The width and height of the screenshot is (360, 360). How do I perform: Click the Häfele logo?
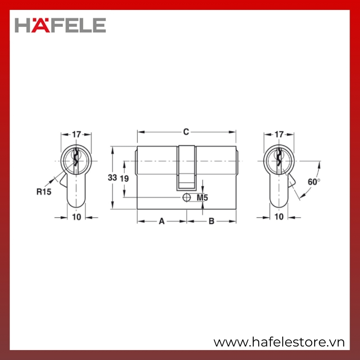point(60,25)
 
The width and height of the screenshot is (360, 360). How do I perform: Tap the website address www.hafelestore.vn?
point(279,342)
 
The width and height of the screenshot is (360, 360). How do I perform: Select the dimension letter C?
point(186,132)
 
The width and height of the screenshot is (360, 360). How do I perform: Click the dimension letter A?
point(162,221)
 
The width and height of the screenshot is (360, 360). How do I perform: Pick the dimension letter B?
point(211,221)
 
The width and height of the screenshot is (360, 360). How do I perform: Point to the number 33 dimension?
point(112,177)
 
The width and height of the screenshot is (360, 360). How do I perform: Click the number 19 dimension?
point(124,178)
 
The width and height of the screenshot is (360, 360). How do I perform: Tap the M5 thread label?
point(202,198)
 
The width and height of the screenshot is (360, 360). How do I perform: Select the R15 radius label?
point(44,192)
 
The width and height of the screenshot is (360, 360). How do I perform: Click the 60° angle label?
point(314,182)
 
